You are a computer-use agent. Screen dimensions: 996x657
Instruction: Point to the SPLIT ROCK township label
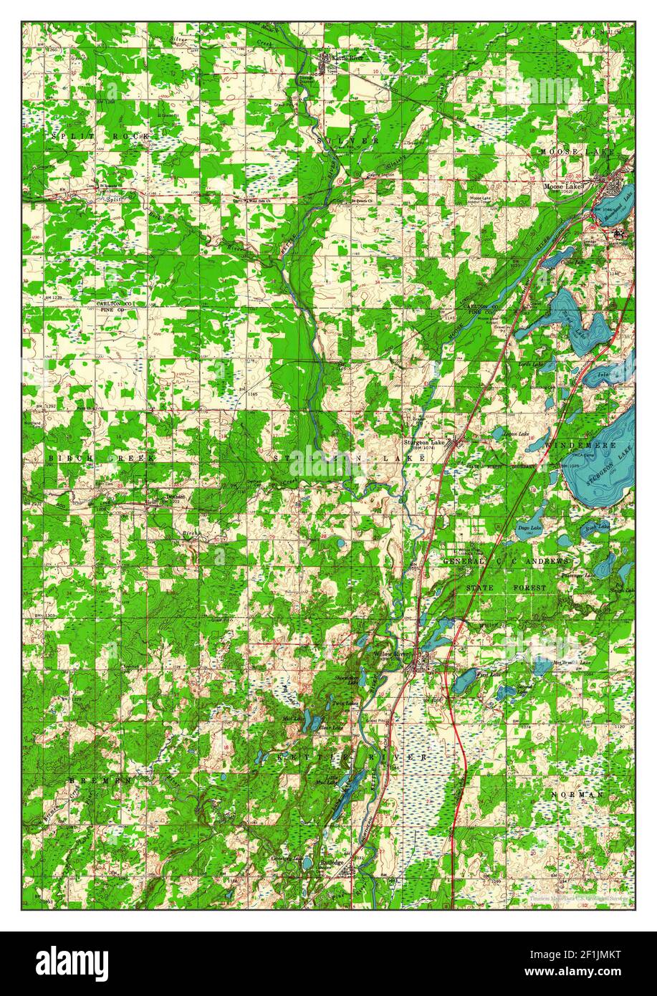(x=100, y=135)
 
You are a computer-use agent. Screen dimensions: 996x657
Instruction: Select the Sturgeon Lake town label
(x=424, y=442)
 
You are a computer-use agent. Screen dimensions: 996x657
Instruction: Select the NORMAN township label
(x=577, y=795)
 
